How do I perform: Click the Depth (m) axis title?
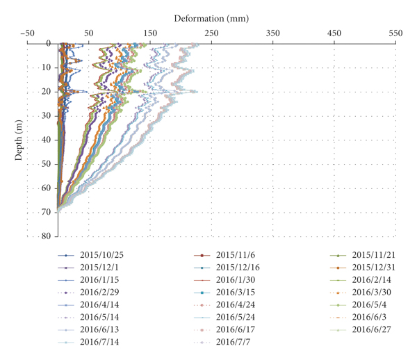[19, 139]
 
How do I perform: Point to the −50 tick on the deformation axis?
[28, 33]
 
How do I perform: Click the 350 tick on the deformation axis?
[273, 33]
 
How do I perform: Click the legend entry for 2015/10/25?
[104, 255]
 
